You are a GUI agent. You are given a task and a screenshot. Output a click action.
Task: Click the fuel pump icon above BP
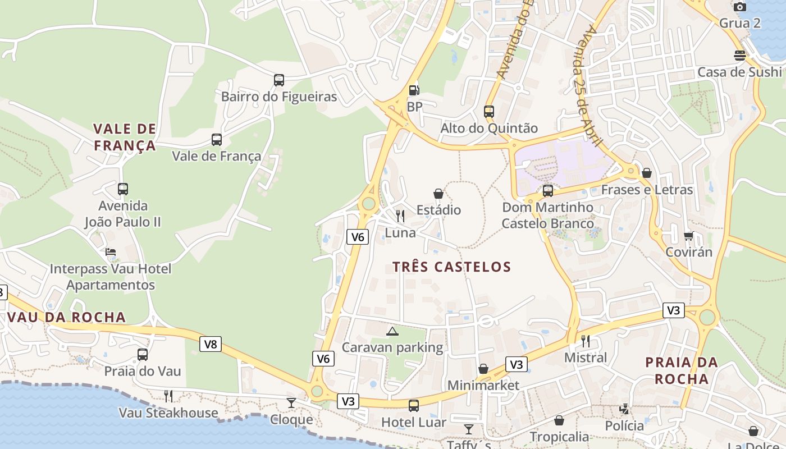414,90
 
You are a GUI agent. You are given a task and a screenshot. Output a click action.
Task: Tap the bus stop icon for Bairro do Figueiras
279,80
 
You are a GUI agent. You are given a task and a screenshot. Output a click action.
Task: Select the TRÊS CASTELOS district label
452,267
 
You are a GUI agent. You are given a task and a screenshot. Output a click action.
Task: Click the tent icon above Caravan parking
392,331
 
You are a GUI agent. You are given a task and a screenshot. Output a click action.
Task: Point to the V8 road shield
211,344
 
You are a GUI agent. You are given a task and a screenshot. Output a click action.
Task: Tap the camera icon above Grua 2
740,7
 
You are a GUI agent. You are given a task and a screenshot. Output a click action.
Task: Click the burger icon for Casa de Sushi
740,56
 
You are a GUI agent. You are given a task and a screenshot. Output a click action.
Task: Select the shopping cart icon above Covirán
688,236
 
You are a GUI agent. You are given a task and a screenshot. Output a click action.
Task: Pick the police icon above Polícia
624,409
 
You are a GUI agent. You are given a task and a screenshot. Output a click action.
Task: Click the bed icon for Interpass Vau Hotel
111,252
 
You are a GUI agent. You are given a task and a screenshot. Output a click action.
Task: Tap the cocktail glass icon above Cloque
291,402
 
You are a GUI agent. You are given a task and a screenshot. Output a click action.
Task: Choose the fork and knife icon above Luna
400,216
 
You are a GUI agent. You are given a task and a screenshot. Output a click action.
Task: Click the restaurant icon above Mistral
586,341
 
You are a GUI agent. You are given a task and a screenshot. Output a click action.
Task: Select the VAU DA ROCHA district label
66,317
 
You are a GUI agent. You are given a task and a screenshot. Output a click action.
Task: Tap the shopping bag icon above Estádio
438,194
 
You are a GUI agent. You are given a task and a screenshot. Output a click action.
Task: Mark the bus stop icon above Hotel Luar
414,405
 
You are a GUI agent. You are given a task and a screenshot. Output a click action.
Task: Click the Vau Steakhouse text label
168,413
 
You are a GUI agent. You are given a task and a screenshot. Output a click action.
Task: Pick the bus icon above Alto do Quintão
489,111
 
